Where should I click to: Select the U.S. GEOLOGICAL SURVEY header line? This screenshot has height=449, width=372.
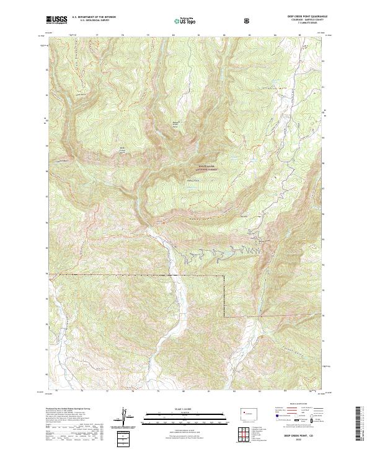(x=89, y=22)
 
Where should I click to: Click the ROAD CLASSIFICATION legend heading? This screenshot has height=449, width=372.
(x=290, y=407)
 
